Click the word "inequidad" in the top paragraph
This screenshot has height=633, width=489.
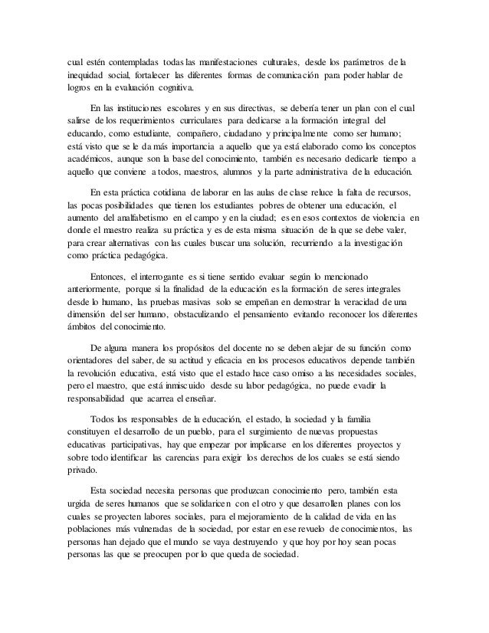pyautogui.click(x=84, y=76)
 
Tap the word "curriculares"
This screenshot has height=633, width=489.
pyautogui.click(x=202, y=120)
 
